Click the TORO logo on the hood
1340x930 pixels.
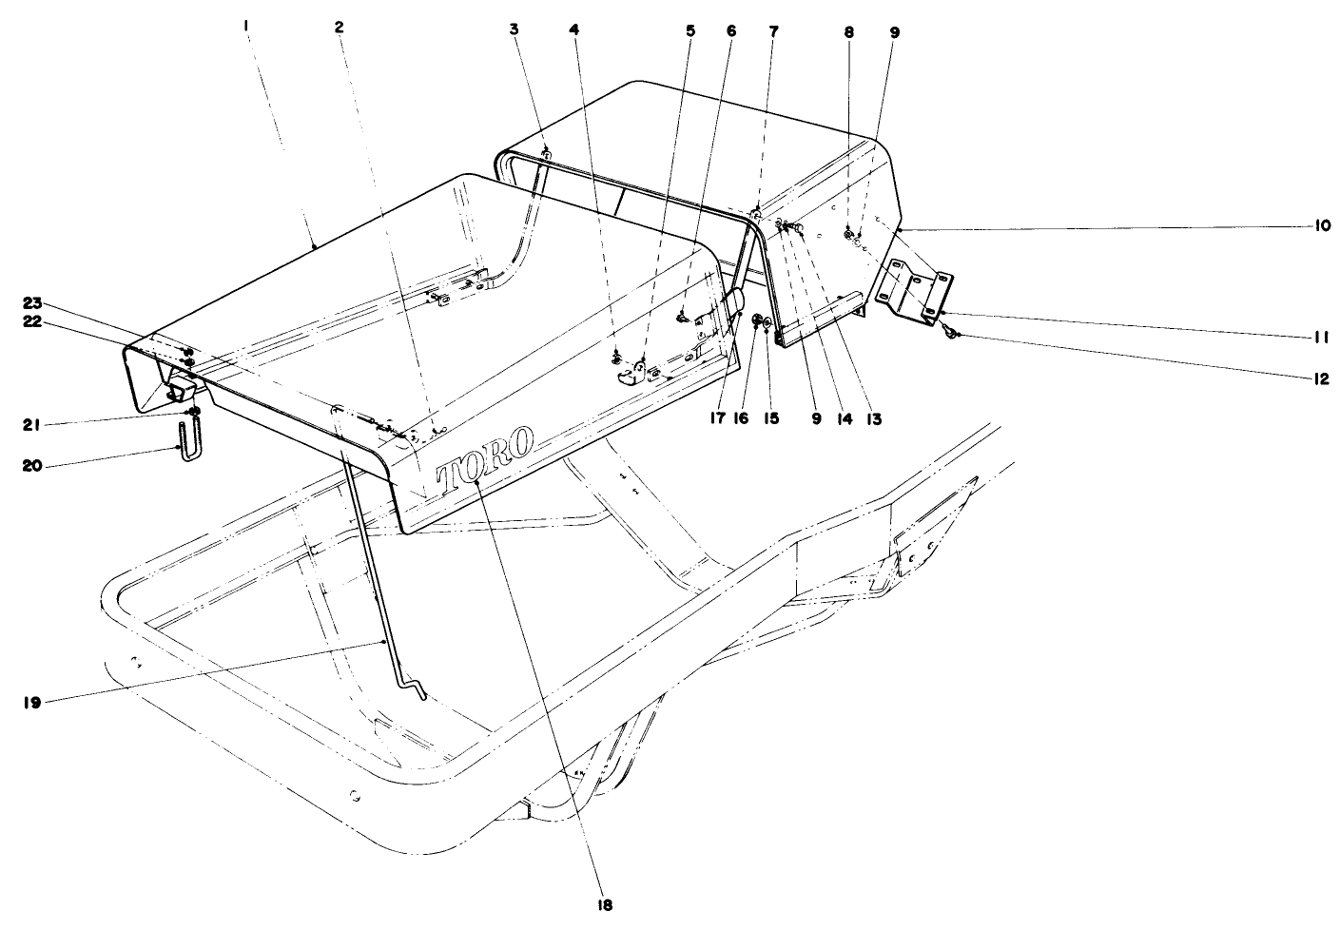click(x=485, y=461)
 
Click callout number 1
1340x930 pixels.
click(x=245, y=29)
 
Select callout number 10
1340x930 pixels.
click(x=1322, y=226)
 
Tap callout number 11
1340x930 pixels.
click(x=1322, y=337)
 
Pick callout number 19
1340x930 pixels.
click(x=31, y=703)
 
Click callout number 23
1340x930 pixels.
click(x=33, y=303)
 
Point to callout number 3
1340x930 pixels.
click(x=515, y=29)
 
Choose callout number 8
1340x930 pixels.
click(x=849, y=31)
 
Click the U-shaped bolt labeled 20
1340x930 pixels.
click(x=187, y=444)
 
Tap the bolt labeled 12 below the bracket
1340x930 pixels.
click(x=953, y=333)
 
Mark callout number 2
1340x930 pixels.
click(x=340, y=28)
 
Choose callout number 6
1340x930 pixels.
click(x=730, y=30)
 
